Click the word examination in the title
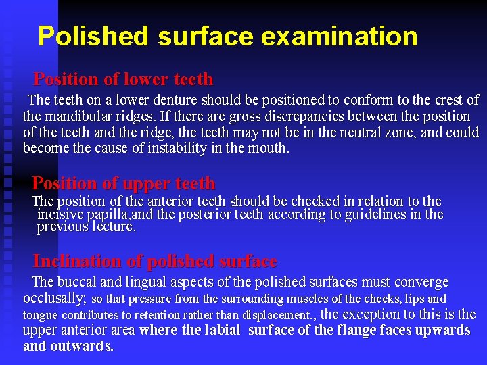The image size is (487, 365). click(338, 36)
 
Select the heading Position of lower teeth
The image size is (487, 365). click(123, 79)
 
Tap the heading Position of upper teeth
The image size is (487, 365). click(124, 183)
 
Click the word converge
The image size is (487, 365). click(418, 282)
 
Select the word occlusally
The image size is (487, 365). click(54, 298)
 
